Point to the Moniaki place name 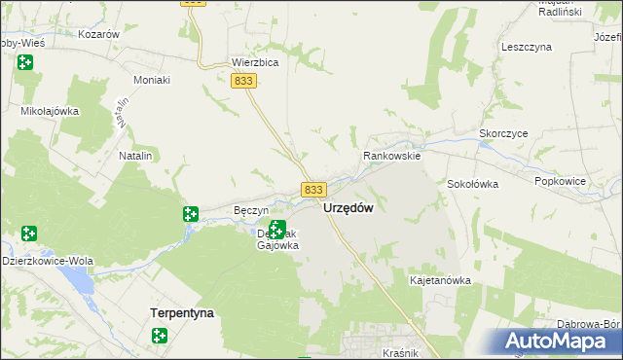coord(151,78)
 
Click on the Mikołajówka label coord(50,111)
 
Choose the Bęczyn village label coord(251,210)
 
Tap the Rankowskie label coord(391,156)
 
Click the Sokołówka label coord(473,183)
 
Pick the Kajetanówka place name coord(440,280)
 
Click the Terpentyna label coord(182,313)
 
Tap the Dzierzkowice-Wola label coord(47,261)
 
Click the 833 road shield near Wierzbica coord(244,84)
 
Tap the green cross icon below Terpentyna coord(160,337)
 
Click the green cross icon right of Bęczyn coord(191,214)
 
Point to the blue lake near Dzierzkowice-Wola coord(75,283)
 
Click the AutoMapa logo coord(560,342)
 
